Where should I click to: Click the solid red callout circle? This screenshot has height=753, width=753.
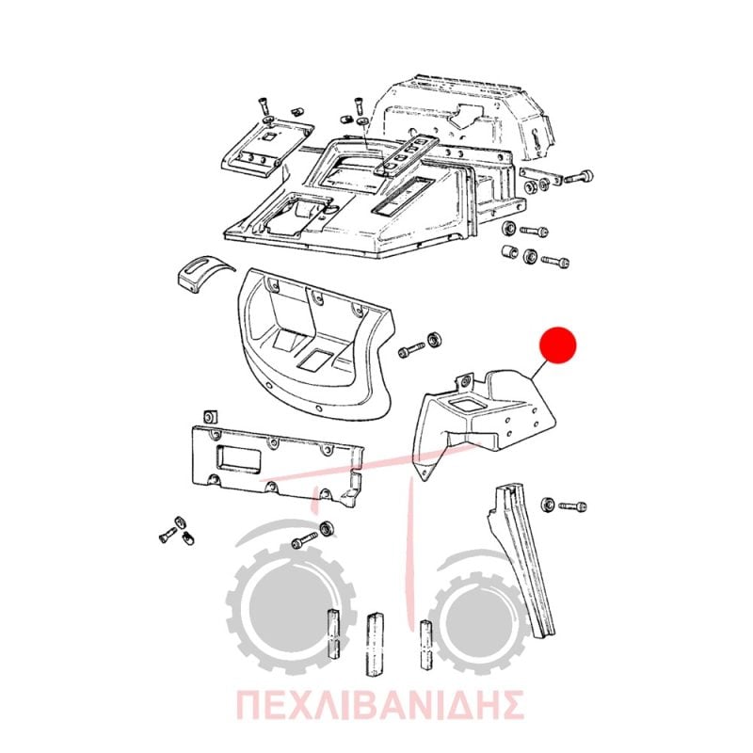point(557,345)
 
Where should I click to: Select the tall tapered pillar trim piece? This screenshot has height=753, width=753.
point(520,563)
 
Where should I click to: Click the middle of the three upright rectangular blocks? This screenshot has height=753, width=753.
point(375,644)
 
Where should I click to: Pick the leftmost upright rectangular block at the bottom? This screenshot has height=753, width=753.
point(333,633)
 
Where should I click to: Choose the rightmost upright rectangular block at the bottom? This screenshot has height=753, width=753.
point(426,645)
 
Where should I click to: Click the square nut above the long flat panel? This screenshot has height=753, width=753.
point(210,416)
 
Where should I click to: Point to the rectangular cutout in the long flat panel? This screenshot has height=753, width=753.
point(239,458)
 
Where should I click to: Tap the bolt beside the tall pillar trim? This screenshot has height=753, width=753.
point(572,506)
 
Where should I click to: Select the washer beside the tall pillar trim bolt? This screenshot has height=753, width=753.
point(548,505)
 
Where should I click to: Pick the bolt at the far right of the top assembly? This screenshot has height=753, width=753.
point(579,176)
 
